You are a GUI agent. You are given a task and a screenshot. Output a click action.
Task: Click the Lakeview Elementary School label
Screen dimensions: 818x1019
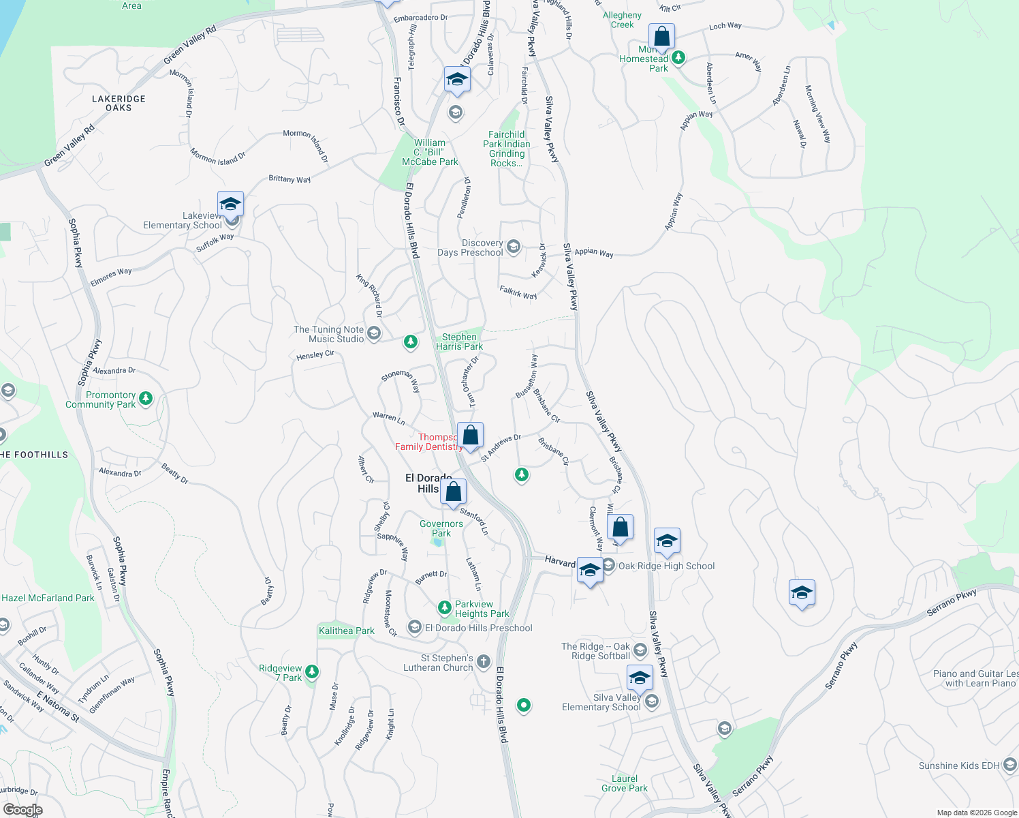[x=182, y=220]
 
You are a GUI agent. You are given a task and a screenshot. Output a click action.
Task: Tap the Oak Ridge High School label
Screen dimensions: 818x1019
[x=666, y=566]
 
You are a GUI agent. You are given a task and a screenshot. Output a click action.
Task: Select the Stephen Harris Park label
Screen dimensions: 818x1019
[x=460, y=342]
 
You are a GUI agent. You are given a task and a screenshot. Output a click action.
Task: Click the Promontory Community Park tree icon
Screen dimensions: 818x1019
[x=146, y=398]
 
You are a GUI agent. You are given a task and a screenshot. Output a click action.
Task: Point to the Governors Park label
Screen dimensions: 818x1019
[x=441, y=528]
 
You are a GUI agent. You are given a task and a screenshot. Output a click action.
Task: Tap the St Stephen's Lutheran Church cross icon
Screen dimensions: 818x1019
[x=483, y=661]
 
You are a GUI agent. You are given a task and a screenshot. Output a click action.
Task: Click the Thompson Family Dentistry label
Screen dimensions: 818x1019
[x=428, y=442]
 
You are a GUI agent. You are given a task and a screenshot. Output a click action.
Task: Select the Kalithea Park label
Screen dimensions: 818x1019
[x=346, y=631]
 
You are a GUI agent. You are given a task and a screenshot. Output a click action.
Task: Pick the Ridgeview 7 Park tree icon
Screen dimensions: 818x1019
[x=312, y=671]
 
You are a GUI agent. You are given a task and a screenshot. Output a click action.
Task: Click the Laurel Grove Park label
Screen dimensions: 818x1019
[x=625, y=783]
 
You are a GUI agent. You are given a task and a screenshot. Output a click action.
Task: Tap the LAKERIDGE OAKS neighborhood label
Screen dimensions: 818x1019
[x=119, y=103]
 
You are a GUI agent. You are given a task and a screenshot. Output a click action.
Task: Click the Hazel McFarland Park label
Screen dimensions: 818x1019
[x=48, y=598]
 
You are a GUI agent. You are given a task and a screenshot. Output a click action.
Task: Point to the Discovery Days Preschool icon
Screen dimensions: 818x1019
[x=514, y=246]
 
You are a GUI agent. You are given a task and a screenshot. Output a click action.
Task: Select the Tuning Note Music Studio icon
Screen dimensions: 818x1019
[x=373, y=333]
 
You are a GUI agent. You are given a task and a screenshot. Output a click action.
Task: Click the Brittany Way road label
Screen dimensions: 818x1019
[x=289, y=179]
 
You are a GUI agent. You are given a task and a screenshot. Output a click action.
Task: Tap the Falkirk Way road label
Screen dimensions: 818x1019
[x=518, y=292]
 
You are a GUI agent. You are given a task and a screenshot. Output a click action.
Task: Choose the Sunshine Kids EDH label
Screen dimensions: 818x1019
[x=959, y=766]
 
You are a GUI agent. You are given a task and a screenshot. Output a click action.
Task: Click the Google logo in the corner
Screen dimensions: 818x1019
[x=22, y=810]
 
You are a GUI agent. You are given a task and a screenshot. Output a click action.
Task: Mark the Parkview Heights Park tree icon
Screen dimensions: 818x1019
[x=445, y=607]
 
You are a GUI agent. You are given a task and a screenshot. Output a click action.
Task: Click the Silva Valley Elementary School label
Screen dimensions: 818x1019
[x=601, y=702]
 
